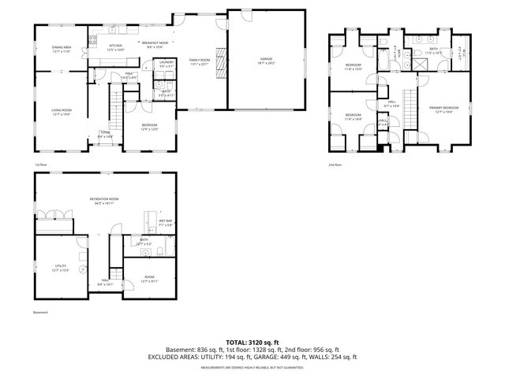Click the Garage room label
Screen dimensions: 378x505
(266, 61)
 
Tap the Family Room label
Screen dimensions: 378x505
(199, 61)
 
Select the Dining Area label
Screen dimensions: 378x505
(62, 49)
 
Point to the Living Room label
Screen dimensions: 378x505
(62, 112)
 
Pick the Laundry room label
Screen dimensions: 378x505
(166, 63)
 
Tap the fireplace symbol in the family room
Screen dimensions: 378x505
(222, 60)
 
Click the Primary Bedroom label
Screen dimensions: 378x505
(443, 109)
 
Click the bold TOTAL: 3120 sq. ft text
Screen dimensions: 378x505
(252, 343)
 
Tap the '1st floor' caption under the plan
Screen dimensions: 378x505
(40, 165)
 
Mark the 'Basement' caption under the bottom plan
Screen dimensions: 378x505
(41, 313)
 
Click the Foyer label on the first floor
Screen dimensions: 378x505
(104, 135)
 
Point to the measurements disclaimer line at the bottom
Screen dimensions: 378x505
(252, 368)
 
